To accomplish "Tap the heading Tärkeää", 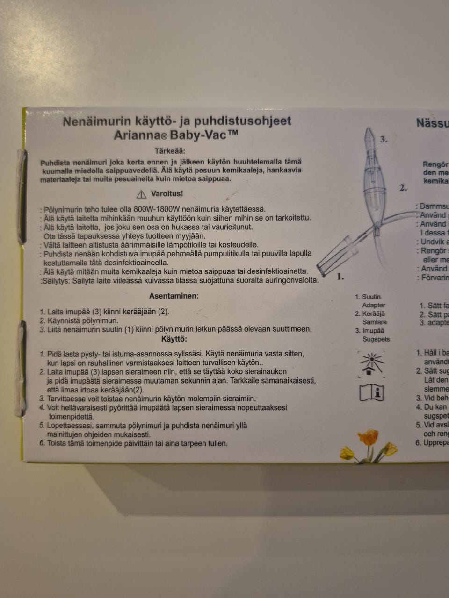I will pos(170,151).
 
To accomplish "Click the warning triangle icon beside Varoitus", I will pos(141,194).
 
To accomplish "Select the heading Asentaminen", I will pos(174,296).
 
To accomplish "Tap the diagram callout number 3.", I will pos(384,139).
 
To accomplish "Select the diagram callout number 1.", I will pos(340,277).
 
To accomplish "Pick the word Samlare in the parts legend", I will pos(374,322).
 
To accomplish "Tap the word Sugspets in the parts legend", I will pos(376,339).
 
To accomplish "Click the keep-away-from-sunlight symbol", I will pos(371,364).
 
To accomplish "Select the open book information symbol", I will pos(372,392).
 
